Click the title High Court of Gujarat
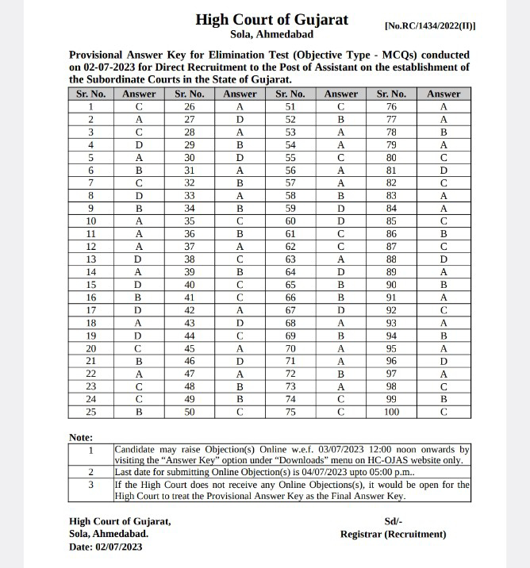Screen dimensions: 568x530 click(271, 19)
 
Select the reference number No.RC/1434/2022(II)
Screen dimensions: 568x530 click(429, 25)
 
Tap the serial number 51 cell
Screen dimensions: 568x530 click(290, 106)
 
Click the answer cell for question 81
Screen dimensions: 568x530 click(444, 170)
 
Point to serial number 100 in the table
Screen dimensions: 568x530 click(393, 412)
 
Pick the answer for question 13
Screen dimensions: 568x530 click(140, 259)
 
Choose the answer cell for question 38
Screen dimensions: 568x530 click(240, 259)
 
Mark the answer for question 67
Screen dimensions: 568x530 click(341, 309)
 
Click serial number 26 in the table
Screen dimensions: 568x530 click(190, 106)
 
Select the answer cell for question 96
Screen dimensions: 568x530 click(444, 360)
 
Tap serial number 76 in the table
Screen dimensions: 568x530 click(393, 106)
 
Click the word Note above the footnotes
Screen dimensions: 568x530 click(81, 437)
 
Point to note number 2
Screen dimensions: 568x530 click(91, 471)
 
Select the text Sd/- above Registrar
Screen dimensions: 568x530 click(393, 521)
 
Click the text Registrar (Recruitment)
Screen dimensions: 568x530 click(393, 534)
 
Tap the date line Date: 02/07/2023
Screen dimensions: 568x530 click(106, 547)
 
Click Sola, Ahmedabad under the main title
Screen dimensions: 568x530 click(271, 35)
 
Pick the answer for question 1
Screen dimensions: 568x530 click(140, 106)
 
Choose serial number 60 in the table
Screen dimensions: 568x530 click(290, 221)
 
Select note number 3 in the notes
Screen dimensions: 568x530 click(91, 483)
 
